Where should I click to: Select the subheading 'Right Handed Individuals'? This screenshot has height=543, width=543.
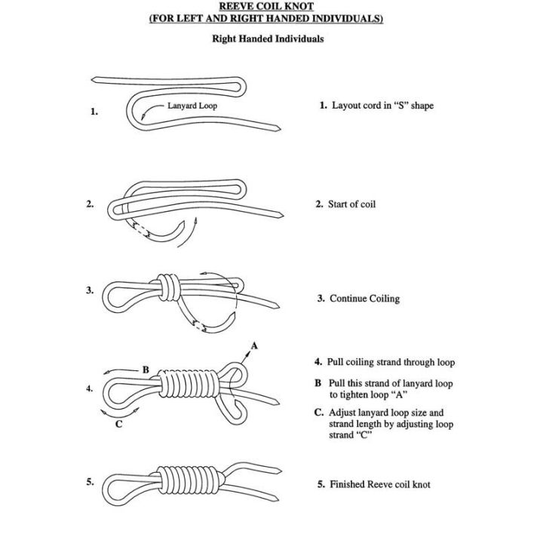267,38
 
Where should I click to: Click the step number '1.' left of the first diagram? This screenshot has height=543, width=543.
94,112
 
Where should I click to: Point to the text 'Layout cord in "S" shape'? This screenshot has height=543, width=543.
382,106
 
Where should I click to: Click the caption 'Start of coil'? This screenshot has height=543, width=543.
351,204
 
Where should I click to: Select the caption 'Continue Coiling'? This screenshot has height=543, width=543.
364,299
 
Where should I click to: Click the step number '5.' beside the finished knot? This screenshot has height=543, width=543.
90,482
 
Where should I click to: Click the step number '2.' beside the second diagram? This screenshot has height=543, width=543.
90,204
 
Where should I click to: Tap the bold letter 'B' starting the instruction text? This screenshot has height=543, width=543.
318,383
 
